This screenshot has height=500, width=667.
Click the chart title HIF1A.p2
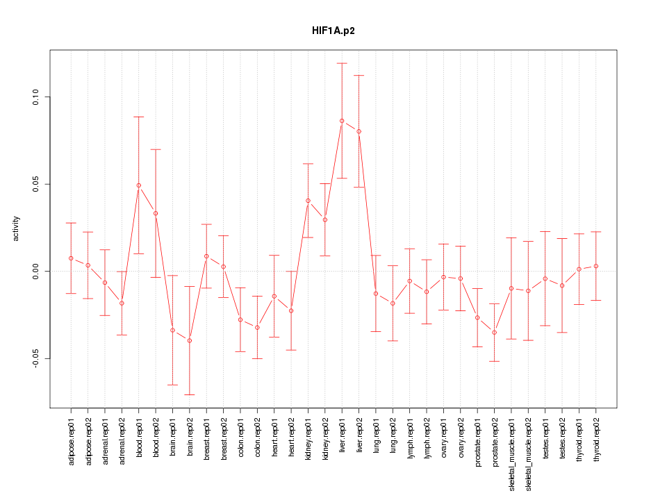click(333, 31)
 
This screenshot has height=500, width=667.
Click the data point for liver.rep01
click(342, 121)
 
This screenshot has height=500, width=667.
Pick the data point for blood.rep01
click(139, 185)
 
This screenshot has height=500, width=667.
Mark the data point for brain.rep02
click(190, 340)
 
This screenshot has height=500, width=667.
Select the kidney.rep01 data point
click(308, 201)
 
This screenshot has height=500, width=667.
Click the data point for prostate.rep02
click(495, 333)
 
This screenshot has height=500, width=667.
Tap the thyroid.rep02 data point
click(596, 266)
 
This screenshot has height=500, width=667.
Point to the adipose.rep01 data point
click(71, 258)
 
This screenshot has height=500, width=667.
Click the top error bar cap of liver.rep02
click(359, 75)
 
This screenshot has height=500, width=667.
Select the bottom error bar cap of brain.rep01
click(172, 385)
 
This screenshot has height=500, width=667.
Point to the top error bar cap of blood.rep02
click(156, 149)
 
